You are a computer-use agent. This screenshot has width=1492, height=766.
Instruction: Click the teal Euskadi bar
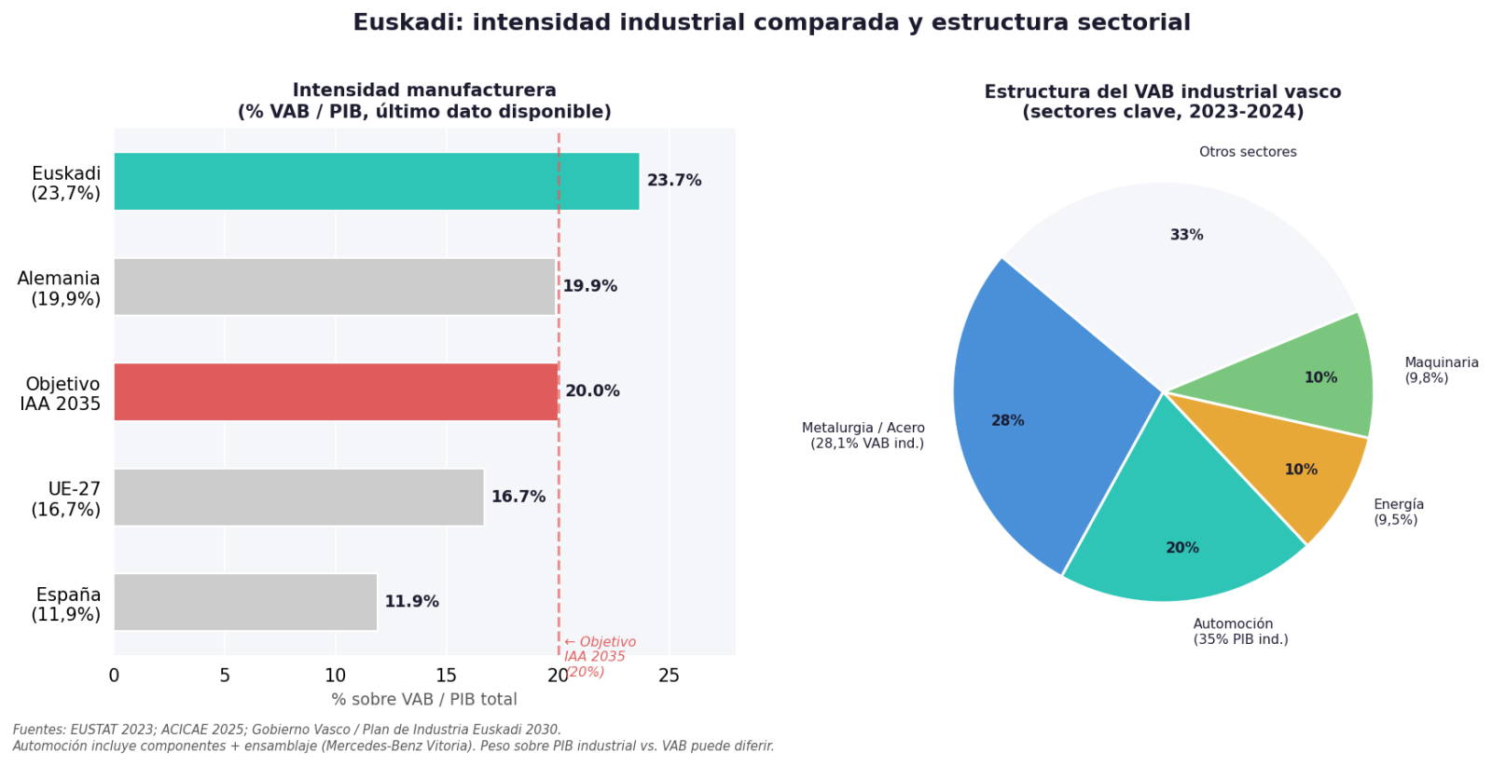376,181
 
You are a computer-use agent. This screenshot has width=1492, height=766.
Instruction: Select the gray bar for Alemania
334,286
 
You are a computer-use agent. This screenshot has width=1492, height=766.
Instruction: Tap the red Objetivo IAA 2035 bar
336,391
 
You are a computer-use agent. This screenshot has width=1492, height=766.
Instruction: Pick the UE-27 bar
298,497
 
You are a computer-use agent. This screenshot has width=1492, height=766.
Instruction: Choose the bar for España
245,602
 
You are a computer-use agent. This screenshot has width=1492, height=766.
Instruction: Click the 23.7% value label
674,181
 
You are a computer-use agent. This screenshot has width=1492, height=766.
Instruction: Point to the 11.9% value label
411,602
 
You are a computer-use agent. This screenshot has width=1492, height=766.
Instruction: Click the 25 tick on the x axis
669,676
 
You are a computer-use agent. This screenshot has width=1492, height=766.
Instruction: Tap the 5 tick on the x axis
225,676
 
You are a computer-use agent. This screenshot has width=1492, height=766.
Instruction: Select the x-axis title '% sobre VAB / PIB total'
424,700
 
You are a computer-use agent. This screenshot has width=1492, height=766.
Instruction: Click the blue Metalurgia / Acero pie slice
1035,410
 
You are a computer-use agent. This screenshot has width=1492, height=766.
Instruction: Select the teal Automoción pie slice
1180,531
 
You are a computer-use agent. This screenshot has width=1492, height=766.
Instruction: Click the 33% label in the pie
1186,235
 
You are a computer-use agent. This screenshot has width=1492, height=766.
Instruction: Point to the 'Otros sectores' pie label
1248,152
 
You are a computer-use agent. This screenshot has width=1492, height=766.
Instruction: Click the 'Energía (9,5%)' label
1398,512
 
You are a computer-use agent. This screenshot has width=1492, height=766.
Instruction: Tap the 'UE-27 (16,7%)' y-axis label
65,499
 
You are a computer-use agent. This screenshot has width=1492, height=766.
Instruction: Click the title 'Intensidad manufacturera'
424,90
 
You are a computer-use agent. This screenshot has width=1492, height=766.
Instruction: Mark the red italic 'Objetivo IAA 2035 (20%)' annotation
599,657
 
